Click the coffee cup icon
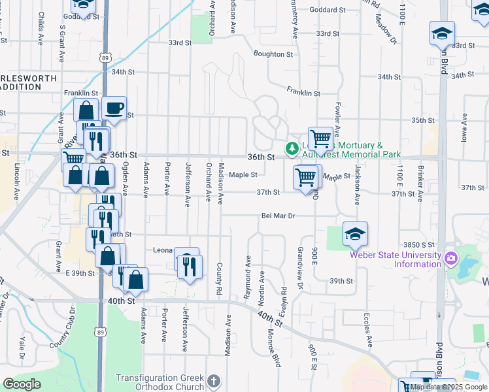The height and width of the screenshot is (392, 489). (114, 108)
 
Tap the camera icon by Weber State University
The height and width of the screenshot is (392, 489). (450, 259)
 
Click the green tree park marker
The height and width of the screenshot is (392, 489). (290, 150)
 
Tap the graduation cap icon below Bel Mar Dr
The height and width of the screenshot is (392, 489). (355, 233)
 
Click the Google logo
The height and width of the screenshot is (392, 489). (22, 384)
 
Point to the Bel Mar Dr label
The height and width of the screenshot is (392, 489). (278, 216)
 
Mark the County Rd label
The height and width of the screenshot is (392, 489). (220, 278)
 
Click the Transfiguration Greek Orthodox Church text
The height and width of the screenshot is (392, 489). (160, 382)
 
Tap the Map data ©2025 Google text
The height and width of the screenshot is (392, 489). (449, 387)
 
